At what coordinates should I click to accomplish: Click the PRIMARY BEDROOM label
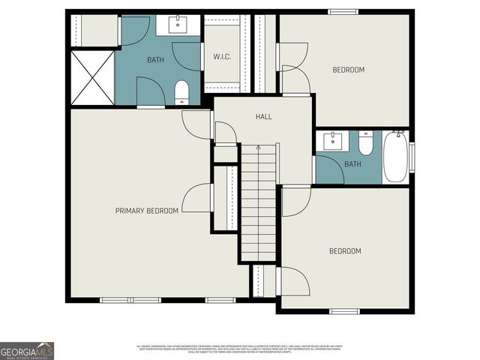coord(146,211)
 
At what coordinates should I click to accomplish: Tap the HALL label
coord(263,117)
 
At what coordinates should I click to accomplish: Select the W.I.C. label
coord(220,55)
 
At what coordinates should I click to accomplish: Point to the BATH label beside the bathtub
coord(352,163)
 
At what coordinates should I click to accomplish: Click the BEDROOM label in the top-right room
coord(348,70)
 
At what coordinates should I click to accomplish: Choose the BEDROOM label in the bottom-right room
coord(345,250)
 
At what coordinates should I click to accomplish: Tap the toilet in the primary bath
coord(181,92)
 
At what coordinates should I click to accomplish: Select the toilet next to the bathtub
coord(365,142)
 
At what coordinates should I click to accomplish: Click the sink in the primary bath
coord(178,25)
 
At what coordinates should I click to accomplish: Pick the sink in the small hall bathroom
coord(332,141)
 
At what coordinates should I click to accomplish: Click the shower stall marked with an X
coord(91,77)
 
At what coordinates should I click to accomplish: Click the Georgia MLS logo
coord(27,350)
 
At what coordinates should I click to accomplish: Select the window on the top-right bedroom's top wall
coord(342,11)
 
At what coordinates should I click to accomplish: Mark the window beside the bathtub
coord(411,157)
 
